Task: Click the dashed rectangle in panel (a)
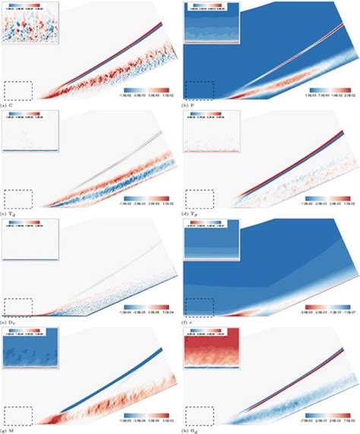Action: (19, 90)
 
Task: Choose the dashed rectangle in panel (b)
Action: (200, 90)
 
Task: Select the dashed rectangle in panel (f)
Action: (200, 307)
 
